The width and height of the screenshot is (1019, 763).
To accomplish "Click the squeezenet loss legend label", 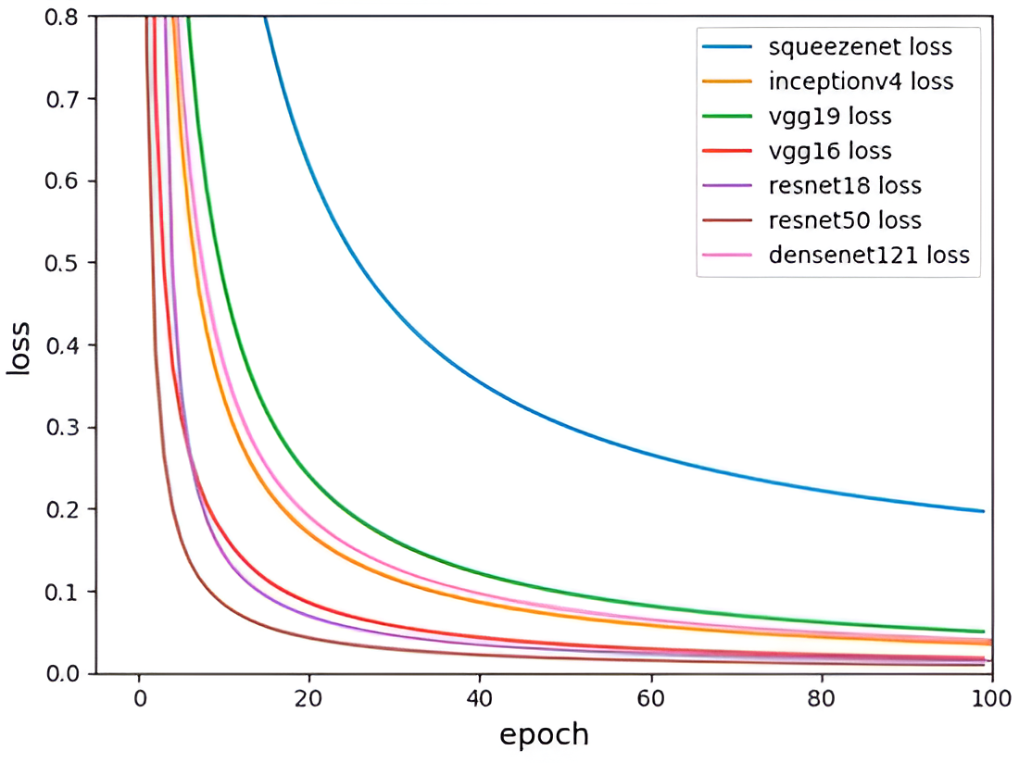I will pyautogui.click(x=861, y=45).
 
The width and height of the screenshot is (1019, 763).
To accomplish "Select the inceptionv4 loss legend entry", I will pyautogui.click(x=861, y=81).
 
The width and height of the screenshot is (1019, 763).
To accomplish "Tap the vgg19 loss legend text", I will pyautogui.click(x=830, y=117).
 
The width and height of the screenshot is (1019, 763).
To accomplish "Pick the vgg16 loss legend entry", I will pyautogui.click(x=830, y=151).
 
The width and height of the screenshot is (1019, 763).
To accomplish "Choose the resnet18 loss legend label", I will pyautogui.click(x=845, y=185).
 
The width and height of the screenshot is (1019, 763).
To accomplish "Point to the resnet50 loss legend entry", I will pyautogui.click(x=845, y=220).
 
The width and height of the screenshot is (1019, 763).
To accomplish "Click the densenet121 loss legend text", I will pyautogui.click(x=869, y=255).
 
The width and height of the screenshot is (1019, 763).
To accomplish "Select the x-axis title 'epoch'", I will pyautogui.click(x=544, y=734).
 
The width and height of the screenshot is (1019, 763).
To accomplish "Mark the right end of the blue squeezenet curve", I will pyautogui.click(x=983, y=511).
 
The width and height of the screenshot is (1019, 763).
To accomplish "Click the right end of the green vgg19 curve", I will pyautogui.click(x=983, y=632).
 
